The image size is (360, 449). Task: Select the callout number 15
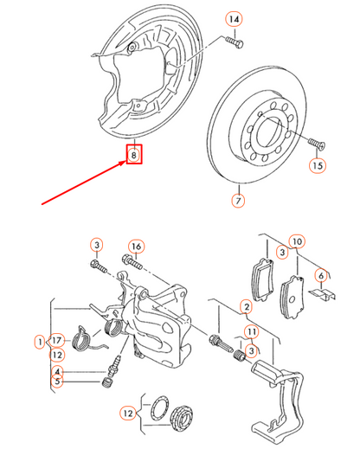click(x=317, y=164)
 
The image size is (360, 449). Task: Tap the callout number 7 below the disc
click(x=237, y=202)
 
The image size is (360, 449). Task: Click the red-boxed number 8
click(x=134, y=156)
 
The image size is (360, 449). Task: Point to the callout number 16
click(x=136, y=246)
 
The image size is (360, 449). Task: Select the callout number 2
click(x=246, y=306)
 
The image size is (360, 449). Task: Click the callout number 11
click(x=251, y=331)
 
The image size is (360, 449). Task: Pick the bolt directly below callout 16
click(x=132, y=261)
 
